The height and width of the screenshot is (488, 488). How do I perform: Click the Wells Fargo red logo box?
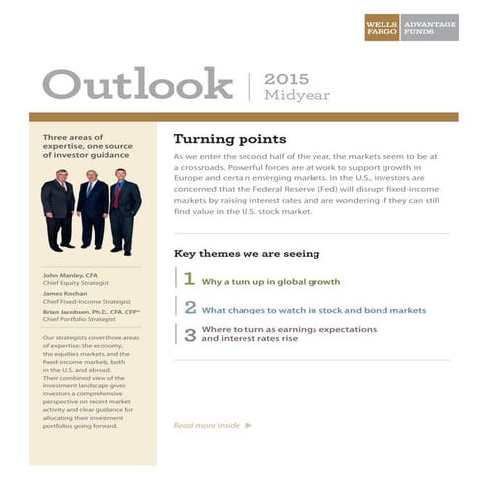tap(382, 27)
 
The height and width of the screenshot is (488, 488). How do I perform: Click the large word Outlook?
tap(137, 85)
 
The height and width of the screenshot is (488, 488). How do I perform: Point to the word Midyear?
tap(297, 95)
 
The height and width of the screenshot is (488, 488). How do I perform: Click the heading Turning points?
tap(230, 139)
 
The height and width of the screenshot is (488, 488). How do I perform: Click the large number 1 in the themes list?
tap(189, 279)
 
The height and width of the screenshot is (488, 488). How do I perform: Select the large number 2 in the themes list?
tap(190, 307)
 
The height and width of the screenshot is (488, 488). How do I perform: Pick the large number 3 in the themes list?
tap(190, 334)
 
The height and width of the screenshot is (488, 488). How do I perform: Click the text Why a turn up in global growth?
tap(270, 281)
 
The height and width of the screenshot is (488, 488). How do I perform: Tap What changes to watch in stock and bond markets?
tap(314, 309)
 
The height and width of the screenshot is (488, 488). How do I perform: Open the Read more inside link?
tap(206, 425)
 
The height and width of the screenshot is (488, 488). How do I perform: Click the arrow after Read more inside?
tap(249, 425)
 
